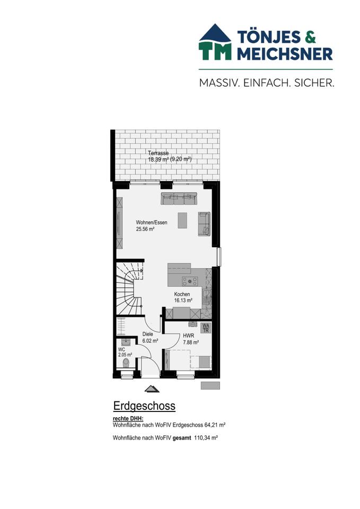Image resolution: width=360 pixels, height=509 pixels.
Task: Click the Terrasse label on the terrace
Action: pos(159,153)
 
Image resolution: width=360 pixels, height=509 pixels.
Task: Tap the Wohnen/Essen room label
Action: pos(152,223)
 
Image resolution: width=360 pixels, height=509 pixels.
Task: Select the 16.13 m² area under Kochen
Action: pos(183,300)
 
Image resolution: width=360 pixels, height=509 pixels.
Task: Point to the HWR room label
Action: pos(188,336)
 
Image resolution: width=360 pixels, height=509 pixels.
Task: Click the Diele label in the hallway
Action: pos(147,334)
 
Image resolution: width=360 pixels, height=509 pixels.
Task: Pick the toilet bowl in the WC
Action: pos(125,363)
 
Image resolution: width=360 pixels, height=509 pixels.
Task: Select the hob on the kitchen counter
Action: pos(188,281)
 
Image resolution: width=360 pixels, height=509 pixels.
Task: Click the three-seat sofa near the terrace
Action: pos(179,198)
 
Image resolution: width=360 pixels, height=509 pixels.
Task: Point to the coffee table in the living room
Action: pos(182,220)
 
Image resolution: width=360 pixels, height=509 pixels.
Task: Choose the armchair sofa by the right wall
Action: pos(204,224)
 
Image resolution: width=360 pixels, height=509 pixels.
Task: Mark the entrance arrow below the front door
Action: pos(152,389)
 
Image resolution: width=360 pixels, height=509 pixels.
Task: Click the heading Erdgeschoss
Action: pos(144,406)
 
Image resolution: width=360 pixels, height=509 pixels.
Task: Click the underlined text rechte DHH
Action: pos(125,419)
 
